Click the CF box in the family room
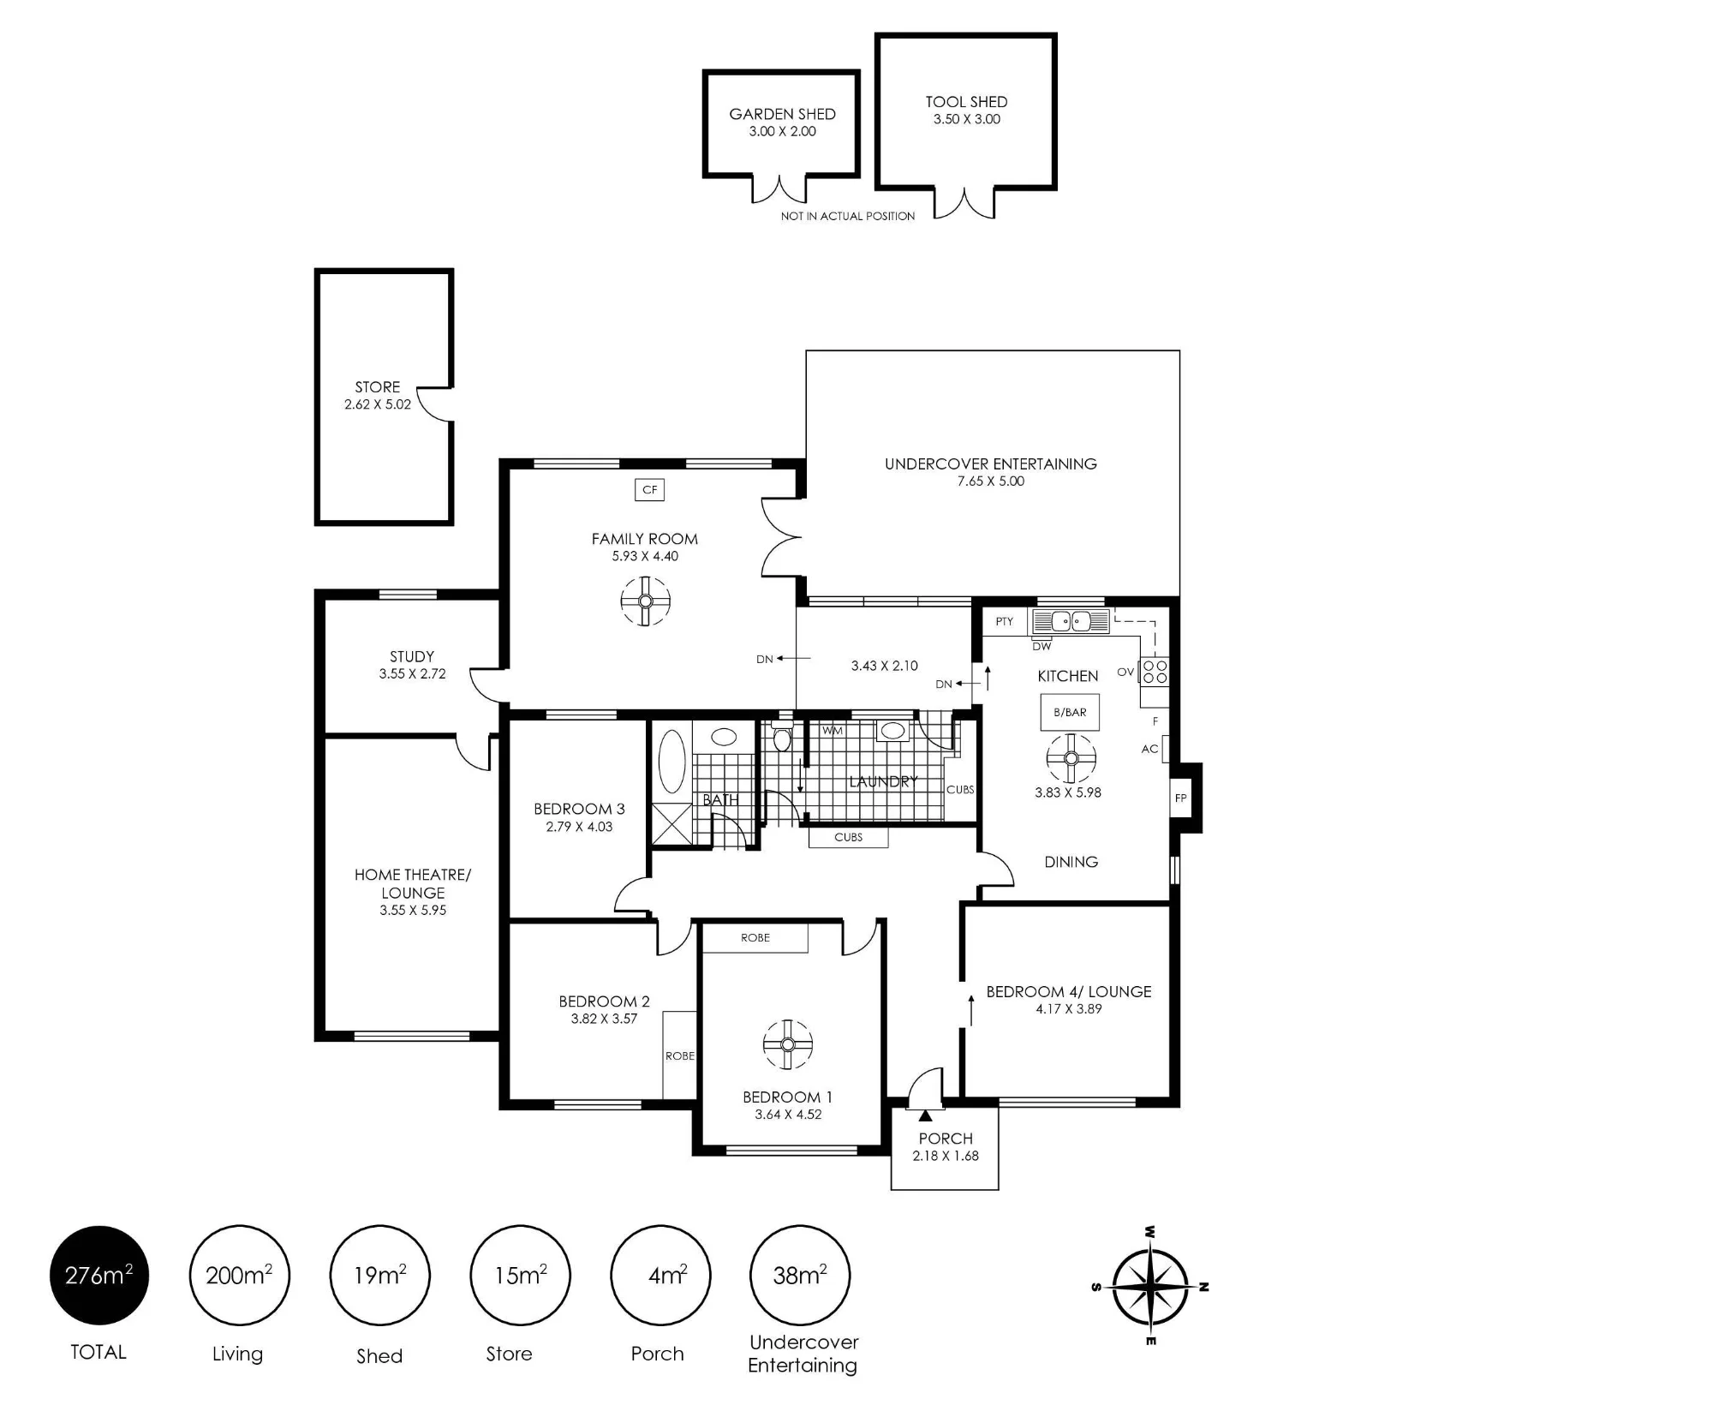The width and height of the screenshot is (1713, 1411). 649,489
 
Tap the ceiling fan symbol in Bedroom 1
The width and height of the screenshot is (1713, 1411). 787,1044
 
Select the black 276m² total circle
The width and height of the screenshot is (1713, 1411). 99,1275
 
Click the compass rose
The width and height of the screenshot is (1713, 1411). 1150,1286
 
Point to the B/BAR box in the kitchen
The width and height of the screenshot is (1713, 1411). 1070,712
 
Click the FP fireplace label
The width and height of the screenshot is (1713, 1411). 1180,798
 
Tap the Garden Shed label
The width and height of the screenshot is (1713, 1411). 782,114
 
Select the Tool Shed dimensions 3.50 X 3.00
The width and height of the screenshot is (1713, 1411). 966,119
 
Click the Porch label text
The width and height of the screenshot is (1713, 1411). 946,1139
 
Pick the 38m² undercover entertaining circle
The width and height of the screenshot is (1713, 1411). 800,1275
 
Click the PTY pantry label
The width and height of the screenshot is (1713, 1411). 1004,621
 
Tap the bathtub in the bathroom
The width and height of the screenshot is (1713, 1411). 671,762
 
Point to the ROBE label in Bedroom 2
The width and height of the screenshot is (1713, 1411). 680,1055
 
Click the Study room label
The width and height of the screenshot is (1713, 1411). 412,656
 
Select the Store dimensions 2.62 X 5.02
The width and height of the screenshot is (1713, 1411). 378,404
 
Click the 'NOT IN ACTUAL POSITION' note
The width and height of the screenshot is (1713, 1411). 848,216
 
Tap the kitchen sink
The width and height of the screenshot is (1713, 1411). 1071,621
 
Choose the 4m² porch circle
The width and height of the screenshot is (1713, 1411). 660,1275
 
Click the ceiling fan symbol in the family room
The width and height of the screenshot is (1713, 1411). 645,601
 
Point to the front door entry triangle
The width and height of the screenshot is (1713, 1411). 925,1115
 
